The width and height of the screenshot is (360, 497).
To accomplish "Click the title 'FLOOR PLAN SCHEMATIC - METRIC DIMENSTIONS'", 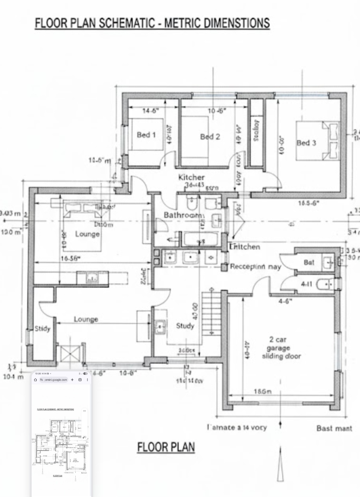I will (x=152, y=23).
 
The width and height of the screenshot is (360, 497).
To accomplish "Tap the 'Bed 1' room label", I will (x=146, y=135).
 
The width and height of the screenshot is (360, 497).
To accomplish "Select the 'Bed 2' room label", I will (x=210, y=136).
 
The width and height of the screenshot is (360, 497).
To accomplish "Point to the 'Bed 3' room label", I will (x=306, y=143).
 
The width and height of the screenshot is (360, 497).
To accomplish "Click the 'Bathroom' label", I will (x=183, y=215).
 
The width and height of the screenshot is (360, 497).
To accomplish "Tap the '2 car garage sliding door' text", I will (x=281, y=348).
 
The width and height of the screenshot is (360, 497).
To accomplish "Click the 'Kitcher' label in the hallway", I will (x=191, y=177).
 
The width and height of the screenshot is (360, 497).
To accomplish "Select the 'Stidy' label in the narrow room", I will (x=42, y=329).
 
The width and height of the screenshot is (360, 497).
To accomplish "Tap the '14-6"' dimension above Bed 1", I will (x=150, y=111).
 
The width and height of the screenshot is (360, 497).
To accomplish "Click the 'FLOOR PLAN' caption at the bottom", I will (x=165, y=447).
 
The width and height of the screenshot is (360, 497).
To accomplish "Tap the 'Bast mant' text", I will (x=334, y=428).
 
